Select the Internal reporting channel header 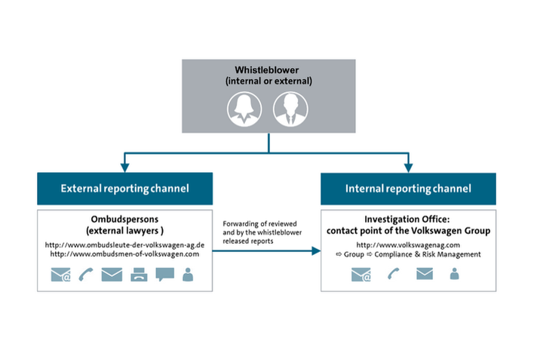[408, 189]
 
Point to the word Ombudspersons [123, 220]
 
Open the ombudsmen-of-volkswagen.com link [125, 254]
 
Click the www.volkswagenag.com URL [408, 245]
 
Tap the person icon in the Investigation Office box [454, 275]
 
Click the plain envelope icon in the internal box [424, 275]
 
